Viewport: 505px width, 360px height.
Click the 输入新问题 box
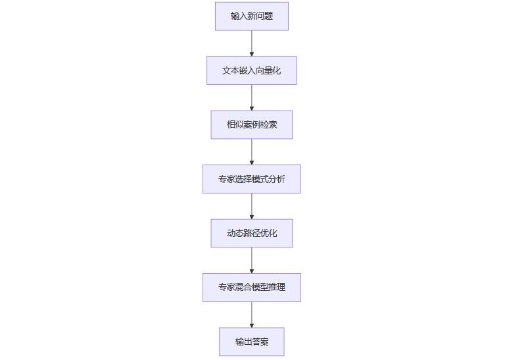252,16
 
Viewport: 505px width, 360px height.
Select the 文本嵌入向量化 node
252,70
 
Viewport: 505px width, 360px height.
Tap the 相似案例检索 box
252,124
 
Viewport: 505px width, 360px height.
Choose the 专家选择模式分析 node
252,179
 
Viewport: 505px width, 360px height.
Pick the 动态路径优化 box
252,233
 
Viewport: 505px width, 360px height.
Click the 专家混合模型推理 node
252,288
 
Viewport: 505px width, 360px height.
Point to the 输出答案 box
252,342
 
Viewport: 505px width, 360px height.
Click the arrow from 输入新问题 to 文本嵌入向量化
252,43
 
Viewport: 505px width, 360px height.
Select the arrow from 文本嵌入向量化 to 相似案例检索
252,97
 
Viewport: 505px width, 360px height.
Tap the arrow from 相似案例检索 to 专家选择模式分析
252,151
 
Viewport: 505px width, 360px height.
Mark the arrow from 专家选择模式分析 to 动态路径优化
252,206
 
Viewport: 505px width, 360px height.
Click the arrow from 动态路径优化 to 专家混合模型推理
252,260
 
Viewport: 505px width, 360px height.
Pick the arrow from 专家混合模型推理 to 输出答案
252,315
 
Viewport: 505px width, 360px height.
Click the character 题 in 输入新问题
269,16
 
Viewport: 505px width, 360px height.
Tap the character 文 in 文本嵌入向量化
226,70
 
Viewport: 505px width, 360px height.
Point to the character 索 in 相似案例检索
273,124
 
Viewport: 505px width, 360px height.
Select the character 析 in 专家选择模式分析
281,179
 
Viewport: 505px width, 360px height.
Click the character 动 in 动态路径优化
231,233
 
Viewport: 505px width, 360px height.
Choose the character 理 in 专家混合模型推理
281,288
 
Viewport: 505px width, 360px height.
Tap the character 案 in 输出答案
264,342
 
